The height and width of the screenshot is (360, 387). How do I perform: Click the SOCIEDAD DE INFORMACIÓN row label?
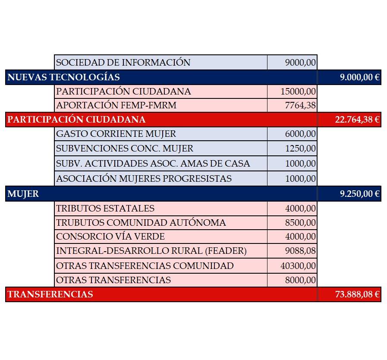(123, 63)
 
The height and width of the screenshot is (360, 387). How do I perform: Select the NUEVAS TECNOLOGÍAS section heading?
(63, 77)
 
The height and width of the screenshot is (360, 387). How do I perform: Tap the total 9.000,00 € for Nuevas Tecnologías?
(359, 77)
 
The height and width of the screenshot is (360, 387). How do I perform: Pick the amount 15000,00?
(298, 92)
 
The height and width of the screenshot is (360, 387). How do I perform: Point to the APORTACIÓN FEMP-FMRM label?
(116, 105)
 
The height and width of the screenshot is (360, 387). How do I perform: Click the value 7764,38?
(300, 105)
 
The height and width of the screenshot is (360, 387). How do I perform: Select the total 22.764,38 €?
(357, 120)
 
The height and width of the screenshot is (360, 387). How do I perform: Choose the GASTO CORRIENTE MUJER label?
(116, 134)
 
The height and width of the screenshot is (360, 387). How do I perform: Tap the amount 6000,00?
(300, 134)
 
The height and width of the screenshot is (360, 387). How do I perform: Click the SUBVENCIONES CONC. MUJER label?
(125, 148)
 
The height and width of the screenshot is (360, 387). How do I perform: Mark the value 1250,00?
(300, 148)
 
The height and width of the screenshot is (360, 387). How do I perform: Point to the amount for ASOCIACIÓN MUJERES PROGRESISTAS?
(300, 178)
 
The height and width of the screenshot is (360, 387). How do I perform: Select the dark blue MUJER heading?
(23, 194)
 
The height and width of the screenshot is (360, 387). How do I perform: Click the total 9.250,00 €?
(359, 194)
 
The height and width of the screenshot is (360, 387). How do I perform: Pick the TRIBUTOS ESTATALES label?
(105, 208)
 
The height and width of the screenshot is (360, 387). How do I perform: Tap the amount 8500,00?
(300, 223)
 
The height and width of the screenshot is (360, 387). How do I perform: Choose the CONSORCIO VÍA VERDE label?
(110, 237)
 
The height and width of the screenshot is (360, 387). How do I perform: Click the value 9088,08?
(300, 251)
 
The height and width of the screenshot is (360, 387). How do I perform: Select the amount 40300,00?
(298, 265)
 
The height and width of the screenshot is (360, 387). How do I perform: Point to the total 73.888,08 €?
(357, 294)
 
